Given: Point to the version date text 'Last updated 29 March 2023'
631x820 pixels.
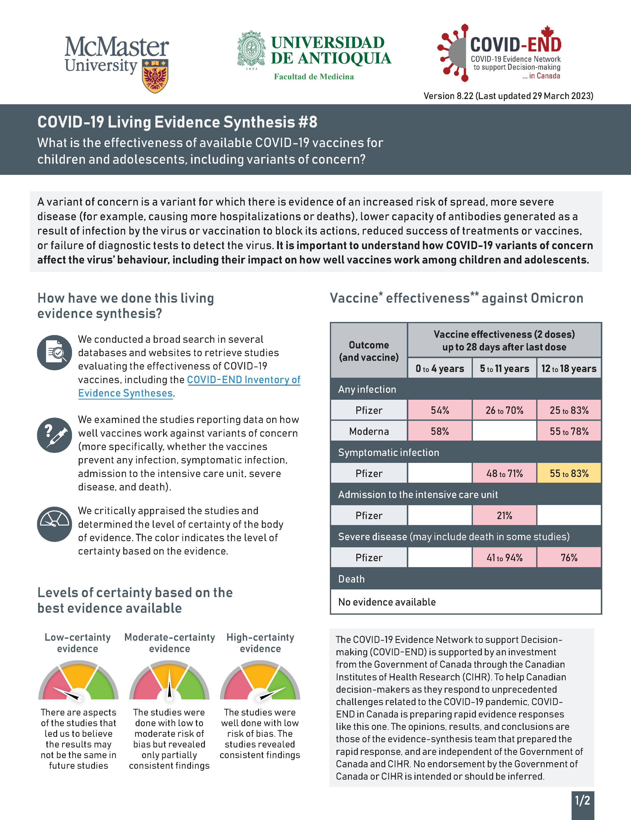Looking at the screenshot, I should pos(534,96).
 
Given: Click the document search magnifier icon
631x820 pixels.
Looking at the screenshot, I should pos(55,353).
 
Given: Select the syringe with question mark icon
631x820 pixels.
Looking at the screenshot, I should pos(55,435).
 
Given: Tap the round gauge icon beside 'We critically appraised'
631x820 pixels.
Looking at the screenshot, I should pos(55,524).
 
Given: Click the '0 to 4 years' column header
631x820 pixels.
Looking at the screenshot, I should pos(440,369).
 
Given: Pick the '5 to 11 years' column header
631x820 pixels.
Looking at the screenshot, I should pos(504,369).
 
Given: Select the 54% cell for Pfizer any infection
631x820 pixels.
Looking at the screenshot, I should pos(440,410).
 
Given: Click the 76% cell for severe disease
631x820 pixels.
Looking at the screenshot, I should pos(569,557).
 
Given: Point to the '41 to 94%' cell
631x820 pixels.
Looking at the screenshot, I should pos(504,557).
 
